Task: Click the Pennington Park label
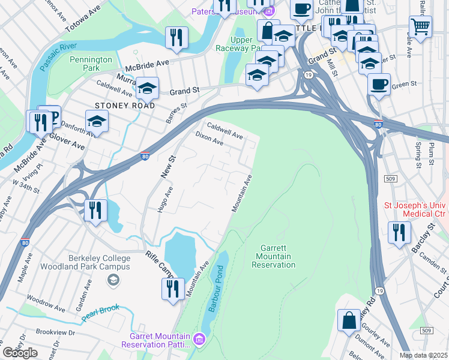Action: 91,64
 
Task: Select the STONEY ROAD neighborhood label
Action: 121,106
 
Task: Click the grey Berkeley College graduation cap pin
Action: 112,280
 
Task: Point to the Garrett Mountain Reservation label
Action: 276,256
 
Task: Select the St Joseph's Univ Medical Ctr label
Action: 416,210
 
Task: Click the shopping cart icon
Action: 421,26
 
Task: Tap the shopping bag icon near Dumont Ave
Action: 349,320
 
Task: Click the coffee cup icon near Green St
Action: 379,84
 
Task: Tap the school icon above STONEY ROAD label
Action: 147,88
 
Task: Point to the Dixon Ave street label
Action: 209,139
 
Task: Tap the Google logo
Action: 20,353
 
